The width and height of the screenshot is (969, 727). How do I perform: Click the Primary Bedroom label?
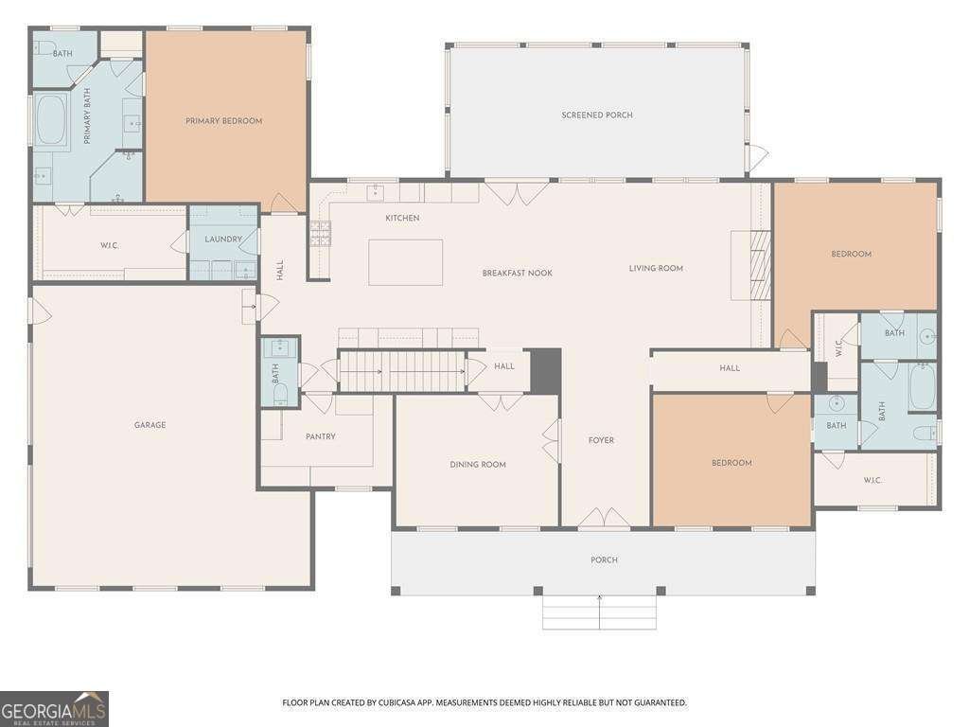[x=223, y=121]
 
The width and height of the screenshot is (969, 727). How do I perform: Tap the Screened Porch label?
[x=597, y=115]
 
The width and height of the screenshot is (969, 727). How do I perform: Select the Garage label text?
[x=150, y=425]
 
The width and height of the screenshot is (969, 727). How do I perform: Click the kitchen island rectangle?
[x=405, y=262]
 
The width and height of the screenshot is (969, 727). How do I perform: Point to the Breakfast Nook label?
[x=517, y=274]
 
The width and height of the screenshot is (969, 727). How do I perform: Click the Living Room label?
[x=656, y=269]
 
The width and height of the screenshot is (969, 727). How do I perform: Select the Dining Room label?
[x=477, y=465]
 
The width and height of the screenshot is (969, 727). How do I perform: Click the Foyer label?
[x=601, y=440]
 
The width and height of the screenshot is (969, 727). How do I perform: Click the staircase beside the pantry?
[x=402, y=370]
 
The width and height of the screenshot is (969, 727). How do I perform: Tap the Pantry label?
[x=321, y=436]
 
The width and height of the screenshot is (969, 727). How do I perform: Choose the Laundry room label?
[x=223, y=239]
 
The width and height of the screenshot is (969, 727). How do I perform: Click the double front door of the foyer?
[x=605, y=519]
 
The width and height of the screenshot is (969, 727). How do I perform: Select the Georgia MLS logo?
[x=54, y=708]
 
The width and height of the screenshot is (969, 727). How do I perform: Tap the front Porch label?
[x=604, y=560]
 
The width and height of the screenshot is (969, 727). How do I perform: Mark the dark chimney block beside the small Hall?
[x=545, y=369]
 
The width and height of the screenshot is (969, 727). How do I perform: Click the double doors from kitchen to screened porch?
[x=516, y=193]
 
